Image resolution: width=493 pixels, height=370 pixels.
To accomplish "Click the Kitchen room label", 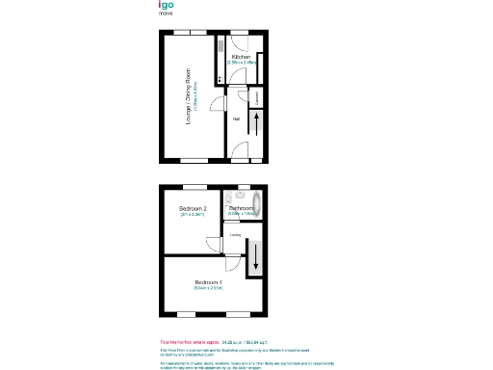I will point(241,57).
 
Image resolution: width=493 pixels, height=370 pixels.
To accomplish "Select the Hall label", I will point(236,119).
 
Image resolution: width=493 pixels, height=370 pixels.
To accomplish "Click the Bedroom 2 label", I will point(194,208).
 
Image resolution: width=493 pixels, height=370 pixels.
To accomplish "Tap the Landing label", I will point(235,232).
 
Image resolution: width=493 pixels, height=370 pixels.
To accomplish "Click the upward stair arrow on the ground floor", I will point(256,123).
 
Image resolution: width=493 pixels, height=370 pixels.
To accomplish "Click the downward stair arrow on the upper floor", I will point(256,258).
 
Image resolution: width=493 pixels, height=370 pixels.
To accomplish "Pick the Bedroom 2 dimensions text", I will point(194,215).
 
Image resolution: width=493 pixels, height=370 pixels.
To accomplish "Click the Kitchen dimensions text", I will point(241,64).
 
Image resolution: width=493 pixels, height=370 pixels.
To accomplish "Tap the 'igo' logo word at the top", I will point(168,6).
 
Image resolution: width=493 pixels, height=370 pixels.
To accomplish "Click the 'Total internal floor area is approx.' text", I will point(190,341).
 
